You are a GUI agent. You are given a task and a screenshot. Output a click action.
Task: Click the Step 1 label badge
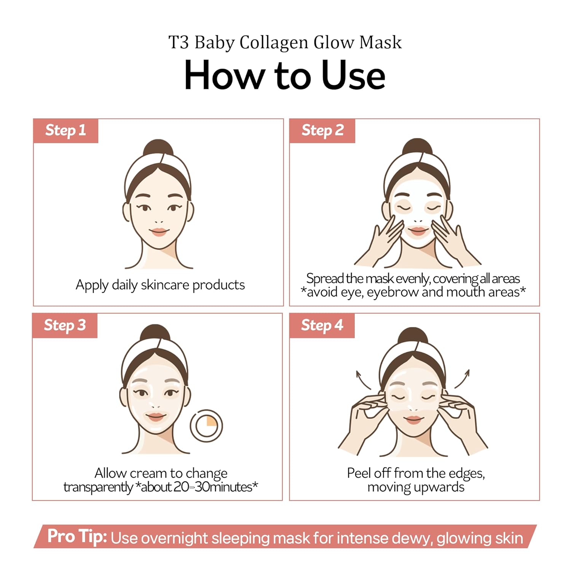point(65,131)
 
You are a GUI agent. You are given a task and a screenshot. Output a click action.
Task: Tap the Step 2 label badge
point(322,131)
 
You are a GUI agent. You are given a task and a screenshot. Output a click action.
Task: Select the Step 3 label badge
point(65,325)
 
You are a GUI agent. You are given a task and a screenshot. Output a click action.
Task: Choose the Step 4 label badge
point(322,325)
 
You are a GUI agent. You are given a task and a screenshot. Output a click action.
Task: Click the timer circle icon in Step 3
point(206,426)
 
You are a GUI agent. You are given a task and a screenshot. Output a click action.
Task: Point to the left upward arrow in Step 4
point(362,379)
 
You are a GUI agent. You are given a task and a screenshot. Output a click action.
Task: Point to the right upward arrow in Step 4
point(463,378)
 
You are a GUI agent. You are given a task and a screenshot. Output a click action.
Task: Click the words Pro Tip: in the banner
point(77,536)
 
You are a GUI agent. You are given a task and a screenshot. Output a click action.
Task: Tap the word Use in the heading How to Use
point(353,75)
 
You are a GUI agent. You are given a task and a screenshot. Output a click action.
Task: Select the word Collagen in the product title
point(274,42)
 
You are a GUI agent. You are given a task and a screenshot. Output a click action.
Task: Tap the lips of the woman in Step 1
point(159,231)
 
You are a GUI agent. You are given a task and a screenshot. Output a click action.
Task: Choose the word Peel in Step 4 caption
point(359,473)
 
